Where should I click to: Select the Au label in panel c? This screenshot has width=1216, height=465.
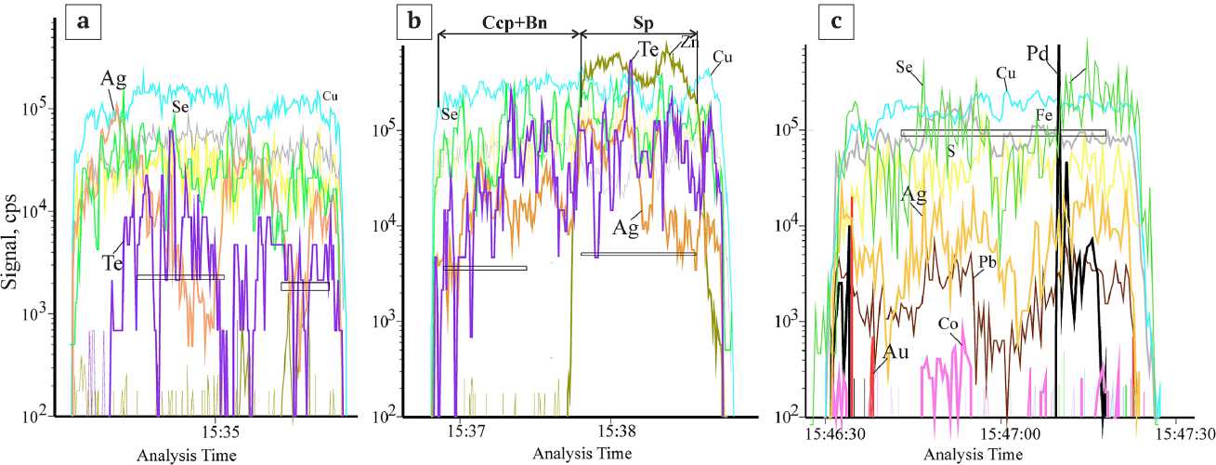point(896,353)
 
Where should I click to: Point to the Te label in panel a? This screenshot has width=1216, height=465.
point(113,264)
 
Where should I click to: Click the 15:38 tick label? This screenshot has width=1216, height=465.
point(616,432)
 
